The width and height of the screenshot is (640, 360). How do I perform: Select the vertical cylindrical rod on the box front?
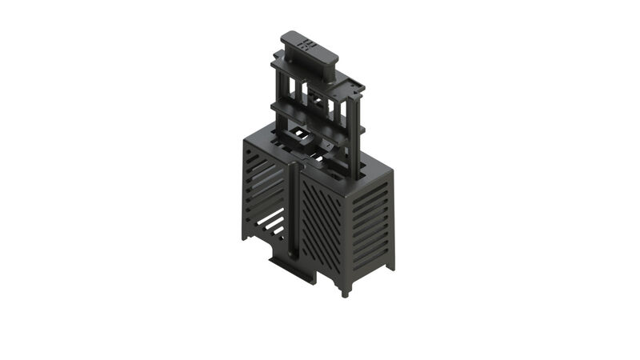[294, 212]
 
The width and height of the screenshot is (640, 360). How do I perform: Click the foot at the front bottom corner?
[346, 290]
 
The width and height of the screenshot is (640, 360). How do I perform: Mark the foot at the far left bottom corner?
[244, 234]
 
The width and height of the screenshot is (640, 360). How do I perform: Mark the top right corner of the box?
[393, 172]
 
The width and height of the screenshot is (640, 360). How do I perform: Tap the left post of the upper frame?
[277, 88]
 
